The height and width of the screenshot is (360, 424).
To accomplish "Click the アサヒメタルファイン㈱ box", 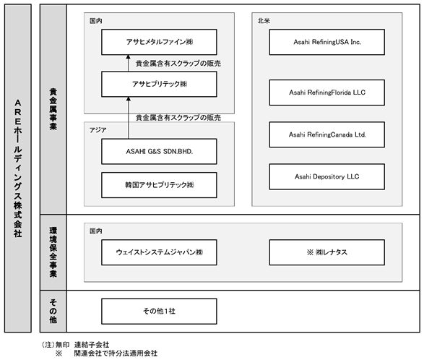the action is [x=159, y=42].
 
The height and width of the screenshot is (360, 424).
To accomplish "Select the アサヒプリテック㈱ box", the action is [x=159, y=84].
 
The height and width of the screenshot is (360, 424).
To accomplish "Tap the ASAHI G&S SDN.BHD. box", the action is [x=159, y=151].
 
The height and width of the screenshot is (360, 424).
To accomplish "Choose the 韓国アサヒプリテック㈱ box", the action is [x=159, y=185].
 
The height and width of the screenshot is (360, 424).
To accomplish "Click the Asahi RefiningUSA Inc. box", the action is [x=327, y=42].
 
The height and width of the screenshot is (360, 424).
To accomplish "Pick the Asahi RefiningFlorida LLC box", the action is [x=327, y=93].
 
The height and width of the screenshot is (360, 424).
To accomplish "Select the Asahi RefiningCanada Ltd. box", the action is [x=327, y=134].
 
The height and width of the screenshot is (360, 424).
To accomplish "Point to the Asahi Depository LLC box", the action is [x=327, y=177].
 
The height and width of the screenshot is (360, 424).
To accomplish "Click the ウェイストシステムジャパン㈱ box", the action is [x=159, y=252].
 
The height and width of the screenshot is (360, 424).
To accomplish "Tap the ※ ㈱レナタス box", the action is [x=327, y=252].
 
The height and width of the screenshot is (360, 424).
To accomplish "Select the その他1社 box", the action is [x=159, y=312].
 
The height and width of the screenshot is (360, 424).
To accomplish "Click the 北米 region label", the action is [x=264, y=21].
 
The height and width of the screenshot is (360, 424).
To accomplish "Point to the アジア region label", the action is [x=98, y=130].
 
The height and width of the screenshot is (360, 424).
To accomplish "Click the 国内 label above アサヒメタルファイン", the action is [x=96, y=21].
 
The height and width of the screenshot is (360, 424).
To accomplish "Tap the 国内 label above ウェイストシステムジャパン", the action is [x=96, y=231].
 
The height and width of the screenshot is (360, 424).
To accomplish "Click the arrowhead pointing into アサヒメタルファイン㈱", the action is [x=129, y=57].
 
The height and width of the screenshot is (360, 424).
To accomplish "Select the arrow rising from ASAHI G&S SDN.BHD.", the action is [x=129, y=118].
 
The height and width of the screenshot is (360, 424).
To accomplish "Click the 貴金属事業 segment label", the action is [x=53, y=109].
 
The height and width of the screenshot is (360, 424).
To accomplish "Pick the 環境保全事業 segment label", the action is [x=53, y=252].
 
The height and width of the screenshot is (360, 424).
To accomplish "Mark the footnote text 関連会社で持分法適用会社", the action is [x=116, y=353].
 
